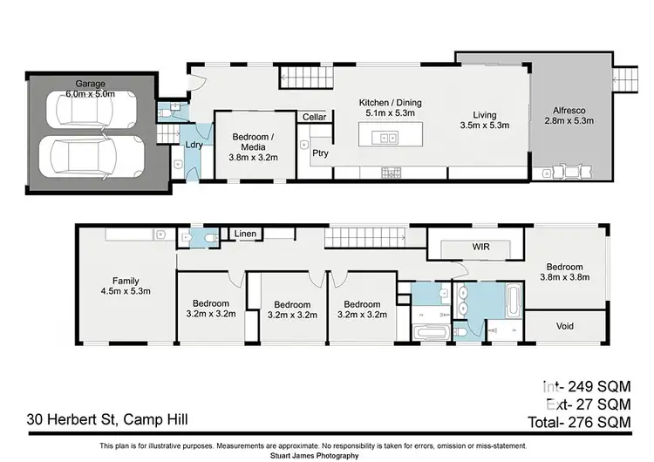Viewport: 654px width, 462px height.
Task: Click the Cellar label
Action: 314,117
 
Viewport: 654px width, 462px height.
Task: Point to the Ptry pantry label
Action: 320,153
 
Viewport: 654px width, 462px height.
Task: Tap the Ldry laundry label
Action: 194,145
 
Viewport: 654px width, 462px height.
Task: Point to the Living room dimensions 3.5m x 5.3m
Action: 485,126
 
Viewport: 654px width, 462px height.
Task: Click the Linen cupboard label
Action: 245,234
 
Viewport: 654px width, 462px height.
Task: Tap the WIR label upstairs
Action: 480,247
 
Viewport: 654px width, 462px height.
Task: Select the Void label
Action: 565,326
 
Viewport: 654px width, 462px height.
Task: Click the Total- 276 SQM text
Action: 580,423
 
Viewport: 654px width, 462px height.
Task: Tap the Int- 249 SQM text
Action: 587,386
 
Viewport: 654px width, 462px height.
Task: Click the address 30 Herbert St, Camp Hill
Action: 107,419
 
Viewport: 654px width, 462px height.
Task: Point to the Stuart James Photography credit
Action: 314,456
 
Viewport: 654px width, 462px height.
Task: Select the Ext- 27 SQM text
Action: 589,404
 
